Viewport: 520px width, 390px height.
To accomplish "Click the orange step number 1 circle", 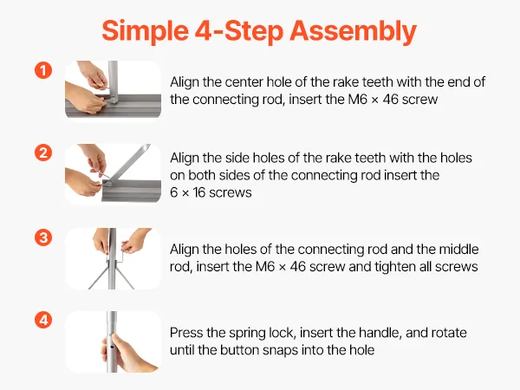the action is (43, 70).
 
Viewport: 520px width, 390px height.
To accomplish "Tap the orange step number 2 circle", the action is (43, 153).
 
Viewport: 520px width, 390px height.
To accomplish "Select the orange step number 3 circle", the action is (43, 237).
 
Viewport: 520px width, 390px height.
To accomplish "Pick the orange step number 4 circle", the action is (43, 320).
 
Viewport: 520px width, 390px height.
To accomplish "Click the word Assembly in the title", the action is (354, 32).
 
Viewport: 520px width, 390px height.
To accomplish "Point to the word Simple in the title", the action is (145, 32).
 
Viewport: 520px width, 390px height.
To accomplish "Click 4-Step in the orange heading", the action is (239, 32).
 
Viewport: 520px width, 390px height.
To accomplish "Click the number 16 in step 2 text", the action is (199, 192).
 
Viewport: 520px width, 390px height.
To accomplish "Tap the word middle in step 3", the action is (459, 250).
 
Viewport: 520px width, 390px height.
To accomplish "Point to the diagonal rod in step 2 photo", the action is (128, 163).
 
